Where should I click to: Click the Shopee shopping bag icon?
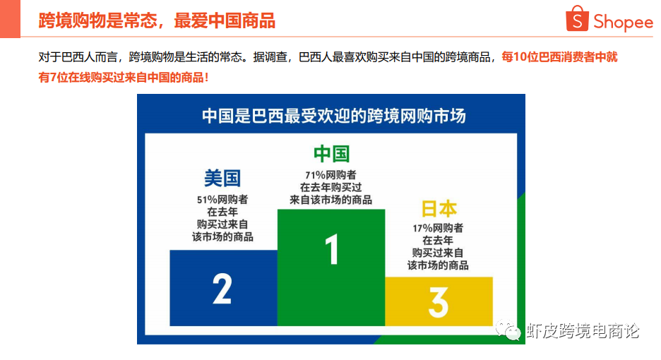tap(577, 18)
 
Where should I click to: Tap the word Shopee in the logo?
tap(623, 22)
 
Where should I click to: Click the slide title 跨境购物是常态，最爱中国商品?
tap(157, 20)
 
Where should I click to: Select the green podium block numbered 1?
tap(331, 268)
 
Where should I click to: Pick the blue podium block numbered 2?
tap(223, 288)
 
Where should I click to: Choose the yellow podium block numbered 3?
tap(439, 301)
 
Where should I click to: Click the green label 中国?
tap(331, 153)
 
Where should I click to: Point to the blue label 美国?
tap(222, 178)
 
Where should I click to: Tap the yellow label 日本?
tap(439, 209)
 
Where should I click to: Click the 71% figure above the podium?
tap(315, 175)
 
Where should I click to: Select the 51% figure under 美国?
tap(206, 200)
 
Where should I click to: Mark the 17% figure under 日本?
tap(422, 229)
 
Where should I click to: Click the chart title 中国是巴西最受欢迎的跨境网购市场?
tap(333, 116)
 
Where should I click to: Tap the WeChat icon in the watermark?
tap(508, 330)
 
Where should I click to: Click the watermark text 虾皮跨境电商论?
tap(583, 330)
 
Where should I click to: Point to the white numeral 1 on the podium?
tap(332, 249)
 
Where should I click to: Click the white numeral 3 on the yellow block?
tap(439, 302)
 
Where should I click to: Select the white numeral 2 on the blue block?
tap(222, 288)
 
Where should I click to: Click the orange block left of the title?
tap(10, 19)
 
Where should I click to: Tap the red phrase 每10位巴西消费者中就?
tap(559, 57)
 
